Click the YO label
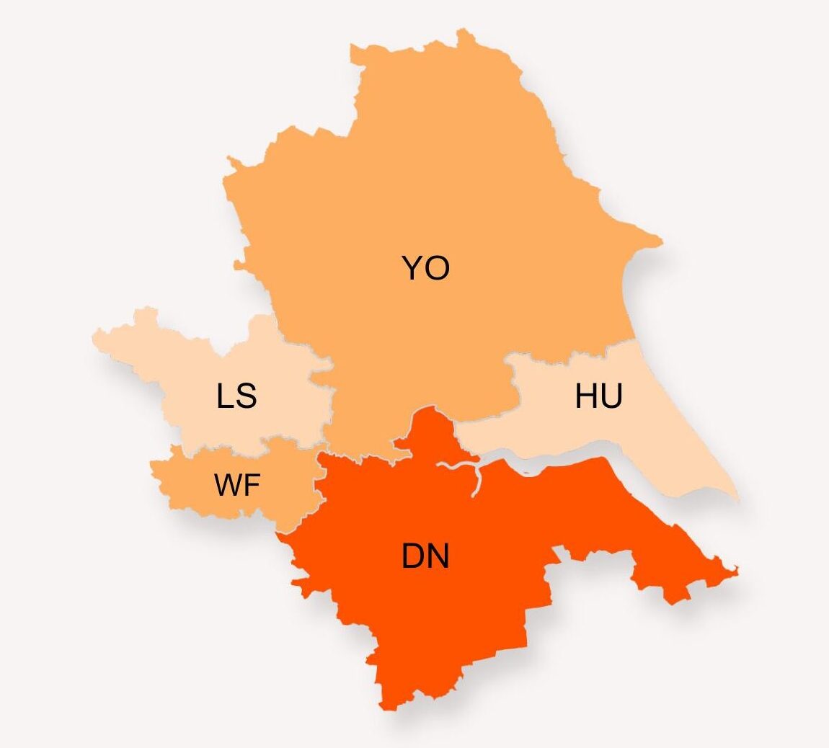(x=425, y=268)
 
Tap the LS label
(x=236, y=396)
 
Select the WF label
(x=236, y=486)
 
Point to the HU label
(x=598, y=396)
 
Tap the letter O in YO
(x=437, y=268)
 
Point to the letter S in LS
(x=247, y=396)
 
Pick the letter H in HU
(x=586, y=396)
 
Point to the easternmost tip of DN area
(x=737, y=571)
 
